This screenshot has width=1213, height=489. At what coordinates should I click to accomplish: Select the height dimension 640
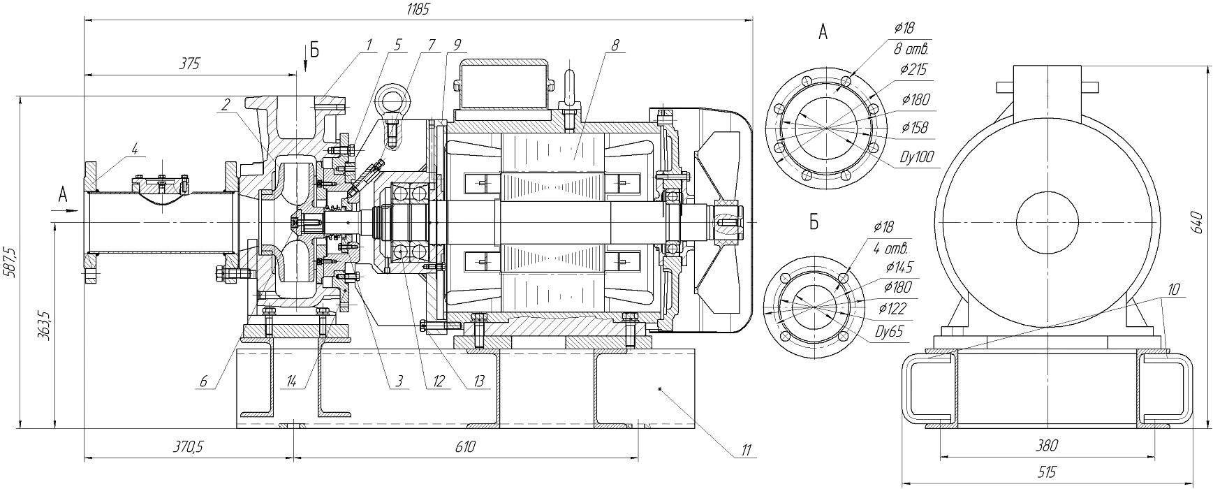(1195, 221)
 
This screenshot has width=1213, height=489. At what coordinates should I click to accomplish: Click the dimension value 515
(1047, 472)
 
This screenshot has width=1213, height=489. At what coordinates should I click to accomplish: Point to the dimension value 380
(1047, 445)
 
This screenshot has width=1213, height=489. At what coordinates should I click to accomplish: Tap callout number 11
(747, 448)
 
